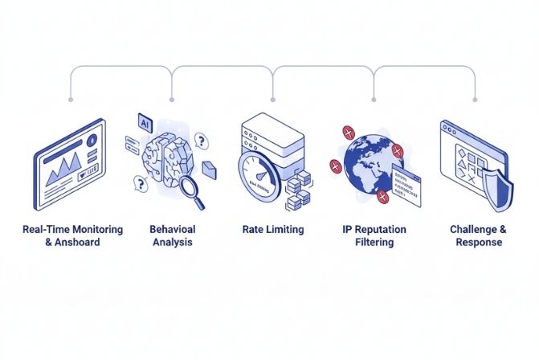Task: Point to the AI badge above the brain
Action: point(145,124)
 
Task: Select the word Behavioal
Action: point(173,230)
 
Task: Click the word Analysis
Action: point(173,243)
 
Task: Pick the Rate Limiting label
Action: point(273,230)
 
